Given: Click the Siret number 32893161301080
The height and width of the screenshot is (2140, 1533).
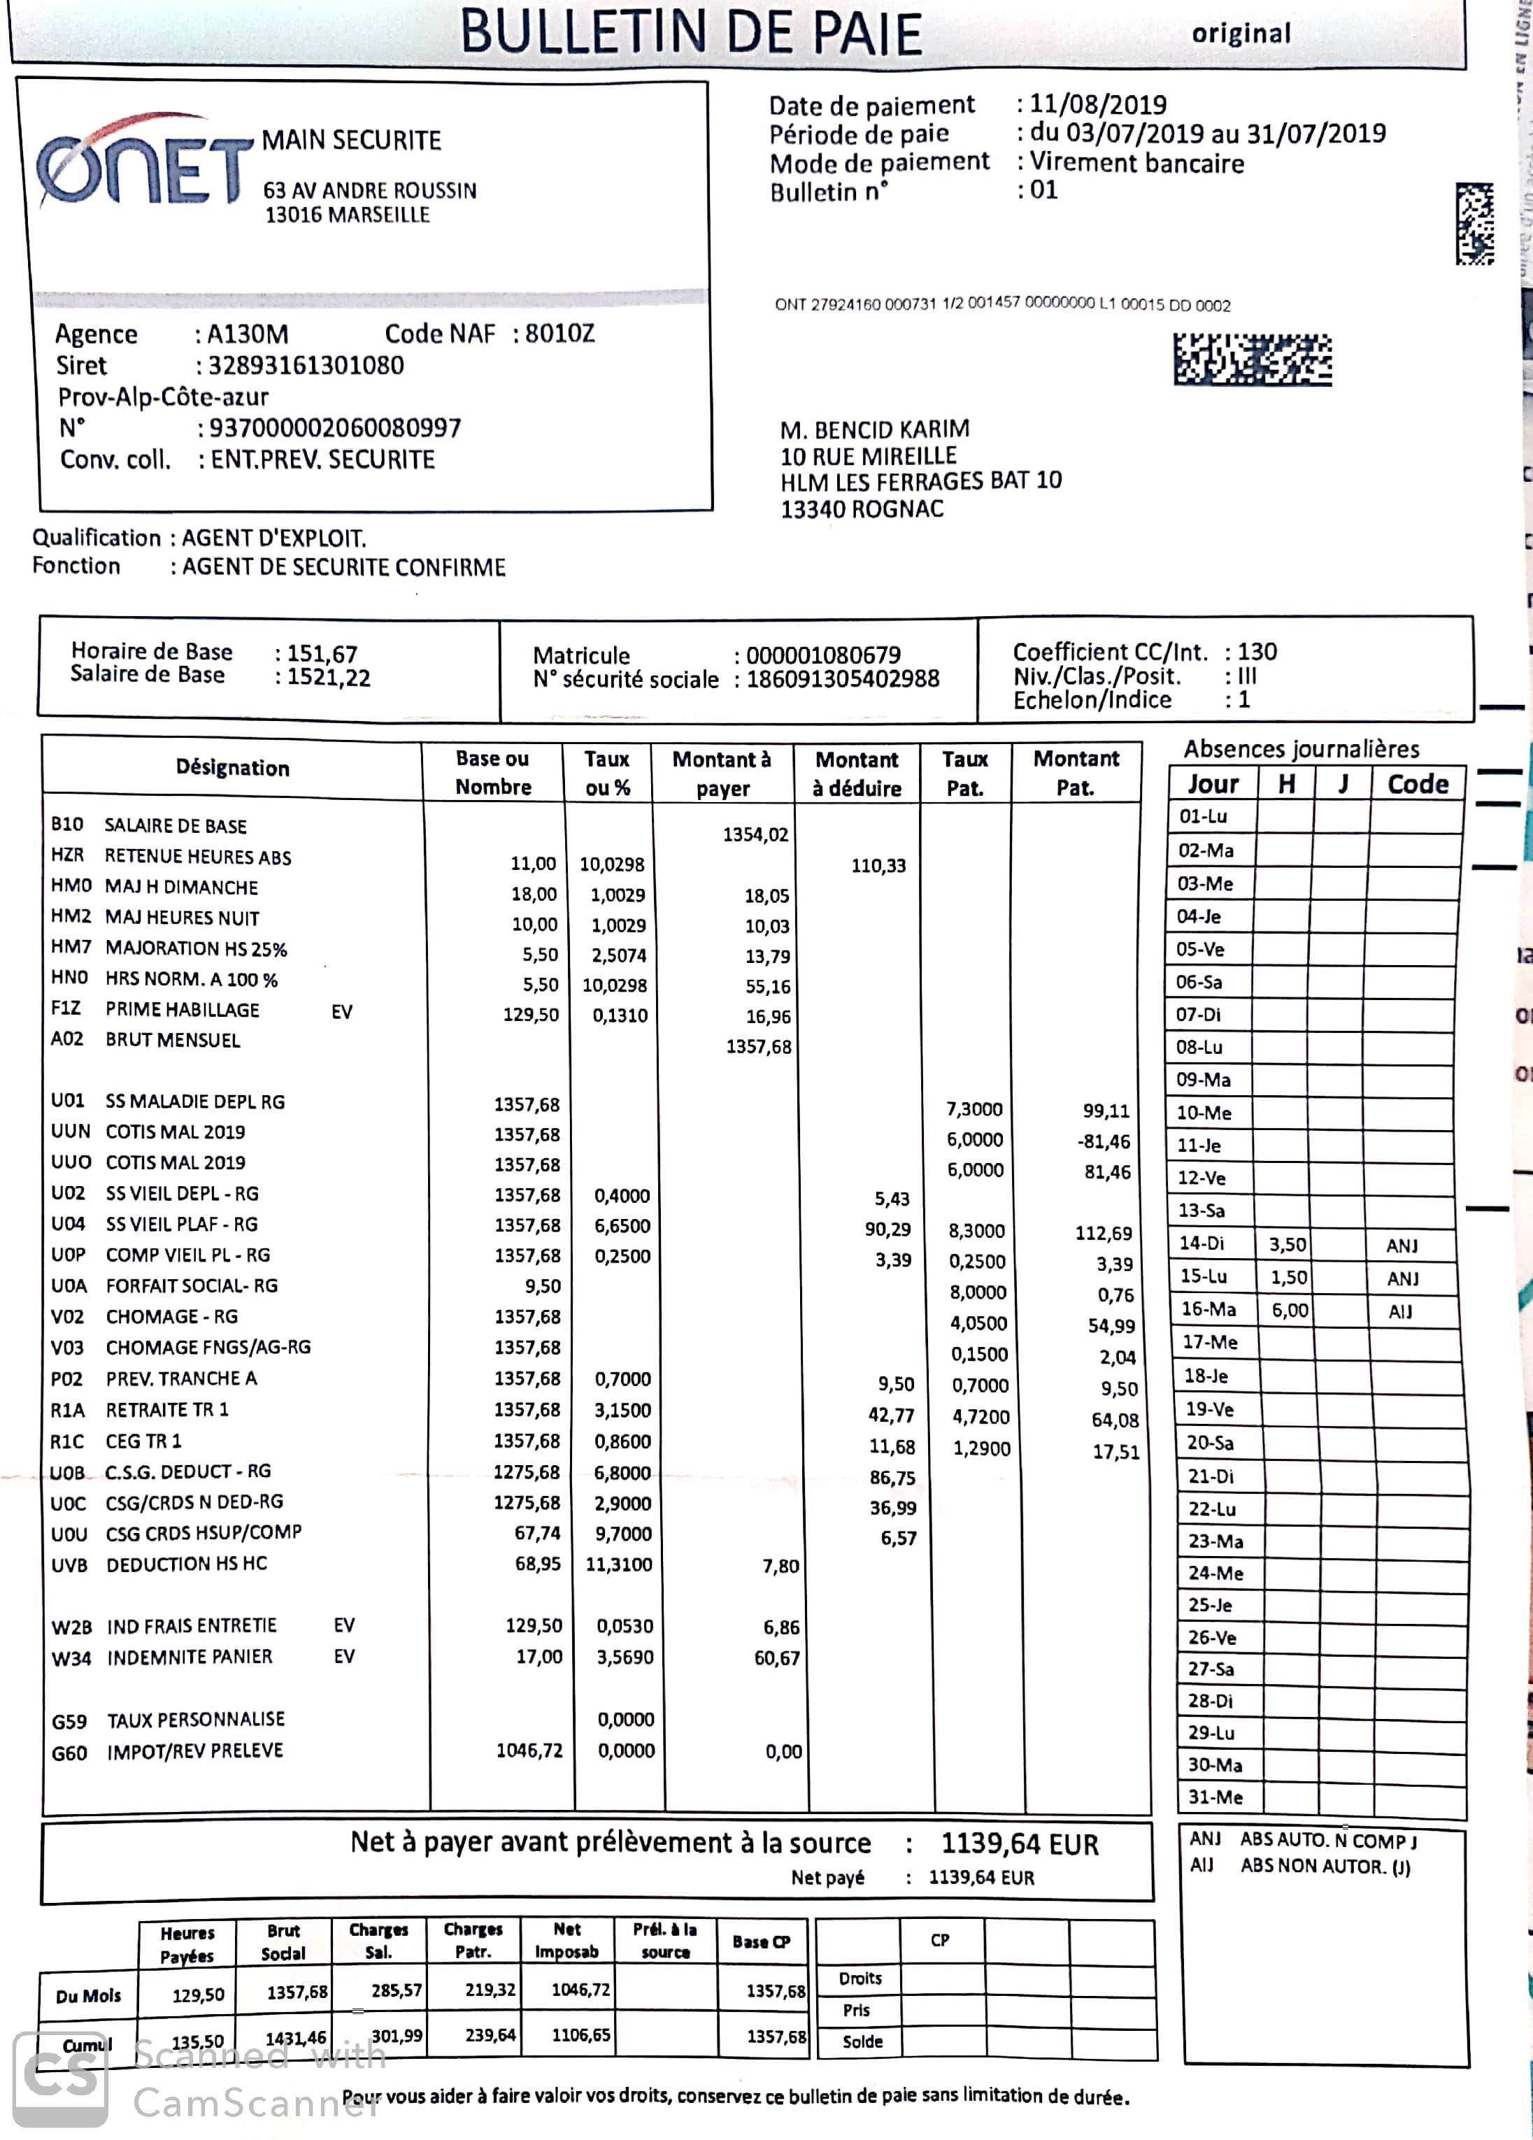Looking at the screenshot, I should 306,365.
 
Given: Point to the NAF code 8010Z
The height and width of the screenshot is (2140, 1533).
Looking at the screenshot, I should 559,334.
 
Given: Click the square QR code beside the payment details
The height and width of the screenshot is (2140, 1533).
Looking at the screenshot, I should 1474,224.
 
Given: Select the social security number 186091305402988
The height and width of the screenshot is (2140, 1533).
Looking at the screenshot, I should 843,679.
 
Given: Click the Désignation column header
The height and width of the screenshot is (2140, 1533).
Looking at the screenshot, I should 232,768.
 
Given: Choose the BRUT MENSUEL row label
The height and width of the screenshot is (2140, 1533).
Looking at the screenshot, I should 173,1040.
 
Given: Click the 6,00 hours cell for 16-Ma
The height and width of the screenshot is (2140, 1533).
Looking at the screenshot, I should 1290,1311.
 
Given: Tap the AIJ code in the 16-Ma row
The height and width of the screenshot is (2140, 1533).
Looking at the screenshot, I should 1400,1311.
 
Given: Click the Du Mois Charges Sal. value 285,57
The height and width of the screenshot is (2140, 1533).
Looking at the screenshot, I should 397,1990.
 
